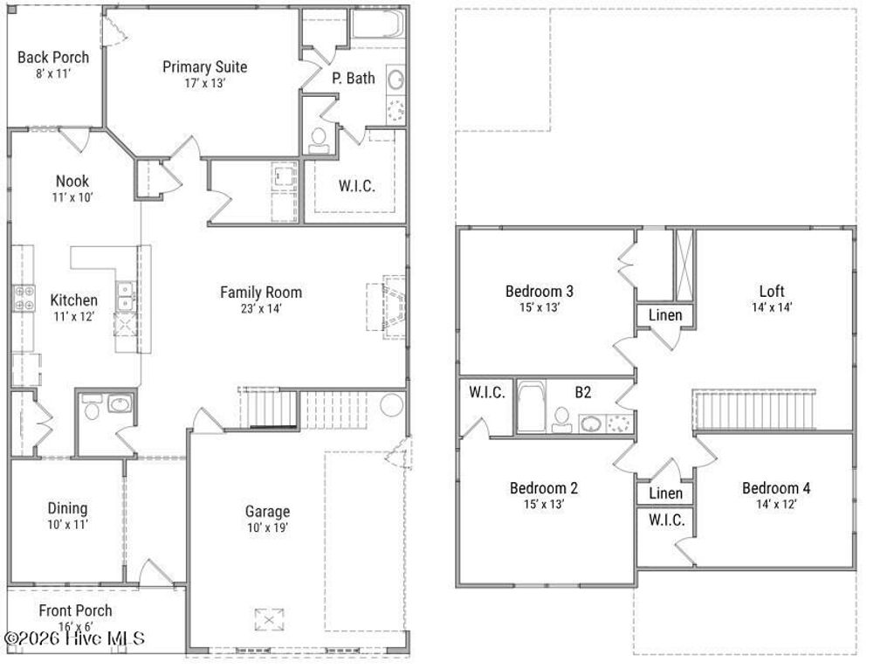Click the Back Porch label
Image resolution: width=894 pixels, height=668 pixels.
(x=53, y=58)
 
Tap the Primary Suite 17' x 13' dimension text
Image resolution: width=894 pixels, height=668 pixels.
(x=204, y=84)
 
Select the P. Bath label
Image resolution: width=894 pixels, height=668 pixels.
(x=354, y=78)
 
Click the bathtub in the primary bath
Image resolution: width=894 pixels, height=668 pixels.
(x=377, y=24)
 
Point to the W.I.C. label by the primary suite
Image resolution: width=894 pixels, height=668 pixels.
(x=356, y=186)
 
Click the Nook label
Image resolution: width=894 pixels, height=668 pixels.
(x=72, y=182)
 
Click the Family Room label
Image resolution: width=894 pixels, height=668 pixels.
(x=261, y=292)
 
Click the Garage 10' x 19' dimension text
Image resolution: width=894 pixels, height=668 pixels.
(x=267, y=527)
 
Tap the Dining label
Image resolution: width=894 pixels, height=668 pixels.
(x=67, y=508)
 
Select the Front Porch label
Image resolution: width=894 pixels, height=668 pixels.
(x=75, y=610)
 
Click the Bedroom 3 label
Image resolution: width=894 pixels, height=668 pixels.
(x=539, y=291)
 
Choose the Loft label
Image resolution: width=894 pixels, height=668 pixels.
(x=772, y=291)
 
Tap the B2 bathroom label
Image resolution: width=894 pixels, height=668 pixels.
(x=582, y=392)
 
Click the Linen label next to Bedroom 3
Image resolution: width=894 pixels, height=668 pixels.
(x=665, y=315)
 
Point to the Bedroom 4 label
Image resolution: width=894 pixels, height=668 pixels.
(x=776, y=487)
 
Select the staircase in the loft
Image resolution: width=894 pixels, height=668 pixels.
(x=754, y=410)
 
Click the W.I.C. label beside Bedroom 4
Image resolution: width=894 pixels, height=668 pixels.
(x=666, y=520)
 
